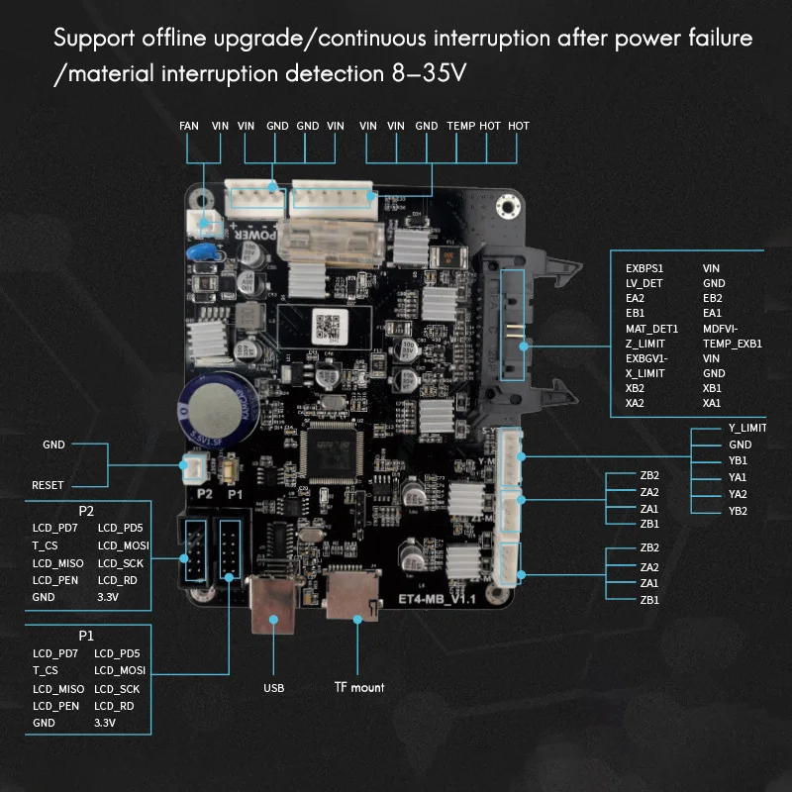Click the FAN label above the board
(189, 126)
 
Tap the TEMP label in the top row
(460, 126)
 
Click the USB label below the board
(273, 687)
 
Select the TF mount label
(359, 687)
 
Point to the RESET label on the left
(48, 486)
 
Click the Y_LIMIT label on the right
(747, 428)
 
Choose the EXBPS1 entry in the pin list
(645, 267)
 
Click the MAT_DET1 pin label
(651, 328)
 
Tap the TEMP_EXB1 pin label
(732, 344)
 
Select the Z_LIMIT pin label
(645, 344)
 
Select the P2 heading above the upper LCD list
(86, 511)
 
